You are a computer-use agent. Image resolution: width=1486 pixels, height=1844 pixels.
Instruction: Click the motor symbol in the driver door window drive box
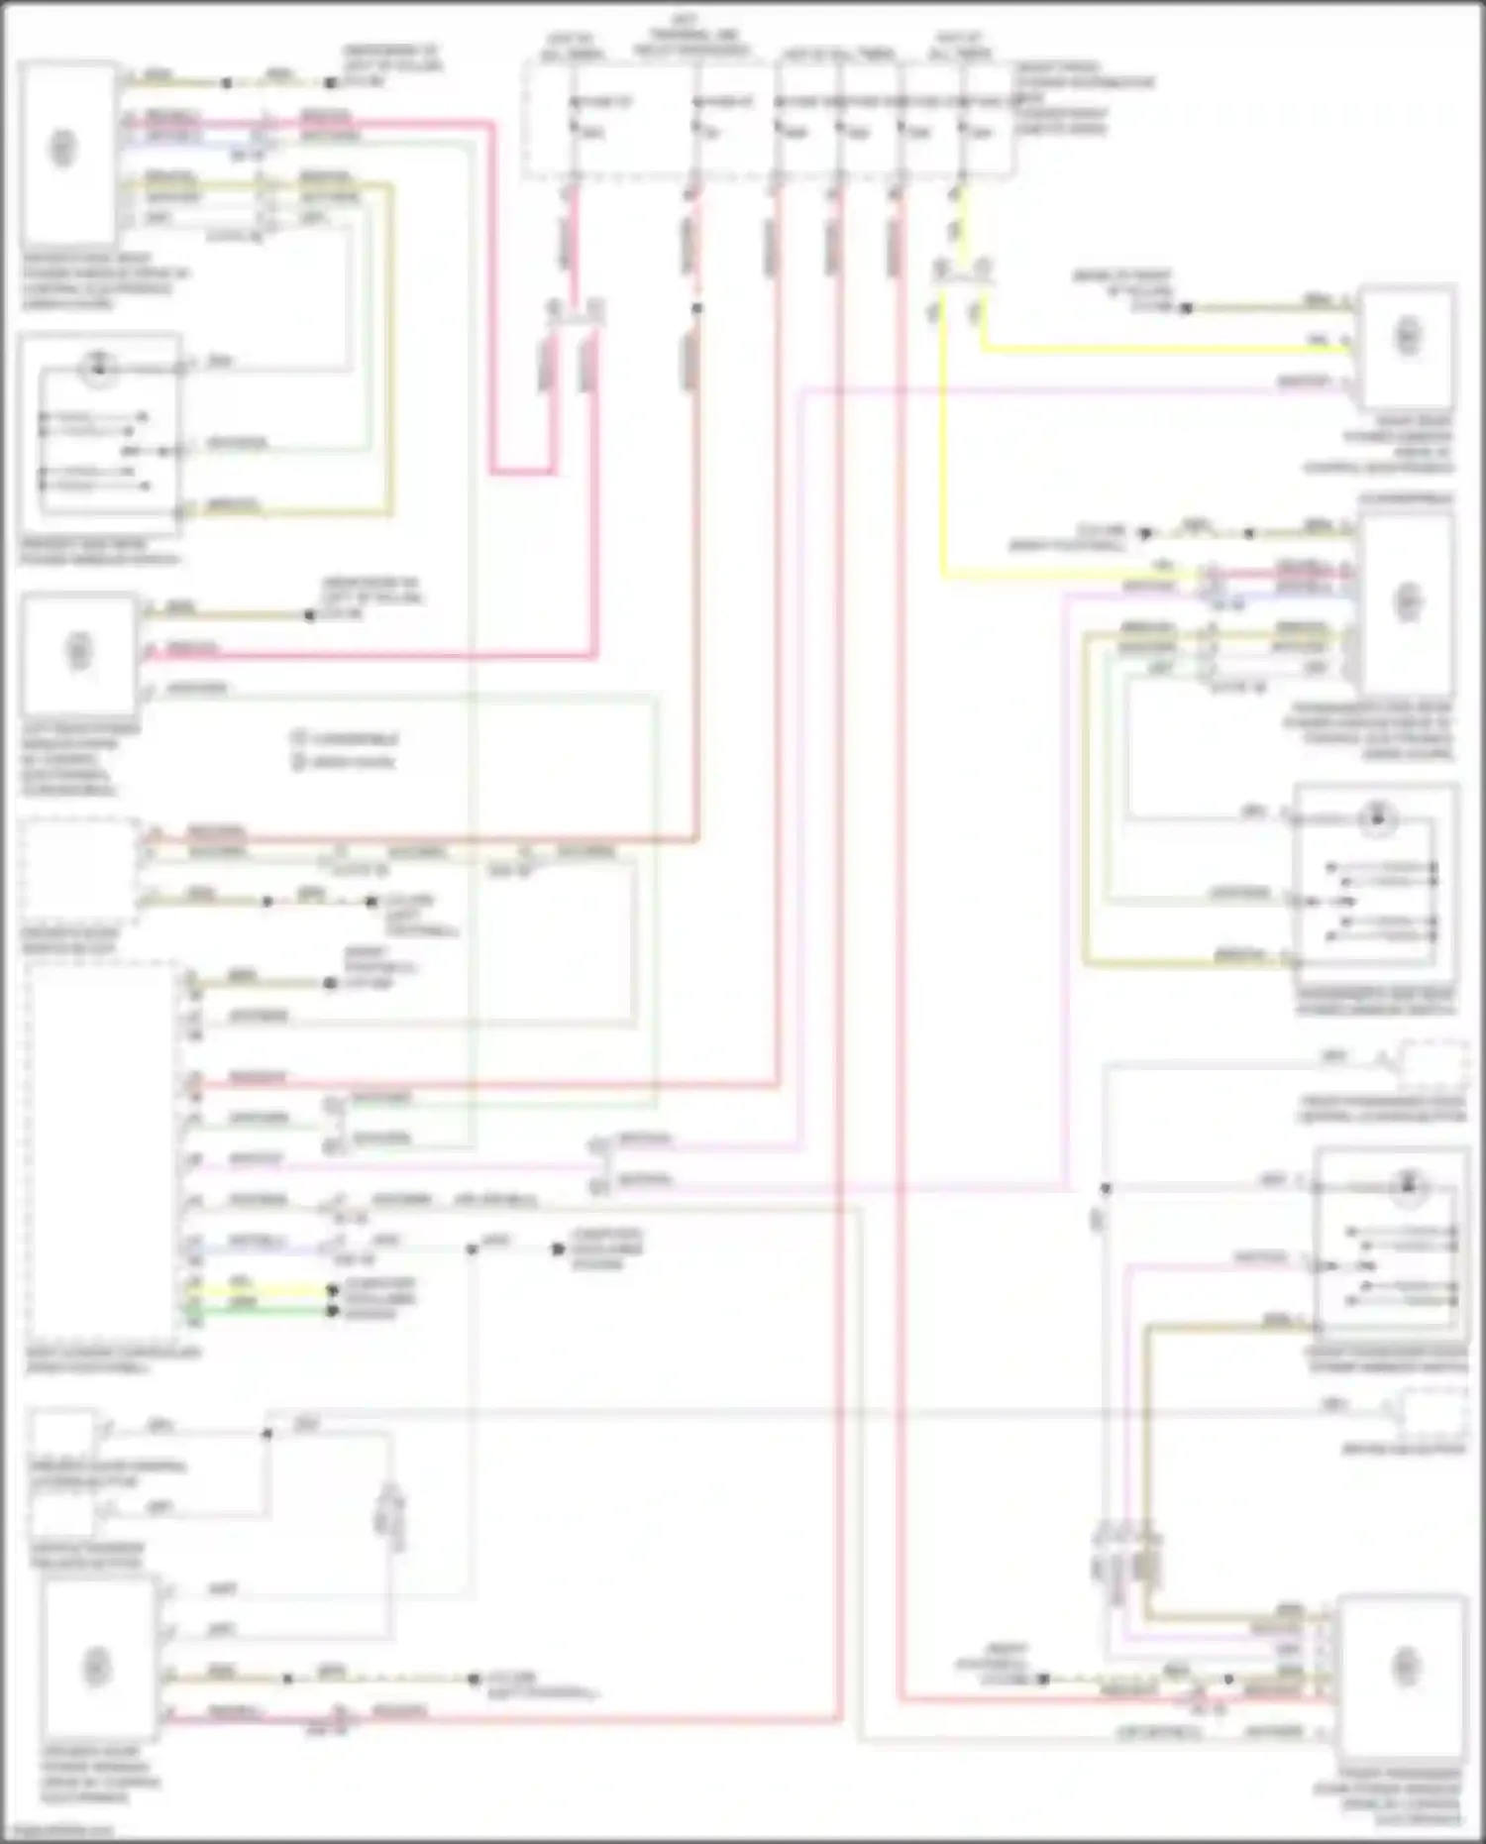pyautogui.click(x=96, y=1665)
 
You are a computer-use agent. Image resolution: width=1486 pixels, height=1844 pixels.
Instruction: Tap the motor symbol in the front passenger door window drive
pyautogui.click(x=1406, y=1667)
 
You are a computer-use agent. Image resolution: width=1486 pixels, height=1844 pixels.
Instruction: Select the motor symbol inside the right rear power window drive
pyautogui.click(x=1408, y=337)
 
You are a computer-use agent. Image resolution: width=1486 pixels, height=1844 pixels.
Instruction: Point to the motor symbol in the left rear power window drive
pyautogui.click(x=79, y=651)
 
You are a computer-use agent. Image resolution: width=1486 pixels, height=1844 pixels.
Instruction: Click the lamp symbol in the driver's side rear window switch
pyautogui.click(x=98, y=369)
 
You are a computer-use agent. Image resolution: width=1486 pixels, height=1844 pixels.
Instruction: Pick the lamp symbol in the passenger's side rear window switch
pyautogui.click(x=1375, y=818)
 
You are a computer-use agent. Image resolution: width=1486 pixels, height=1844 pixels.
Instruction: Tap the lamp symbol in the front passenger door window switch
pyautogui.click(x=1408, y=1183)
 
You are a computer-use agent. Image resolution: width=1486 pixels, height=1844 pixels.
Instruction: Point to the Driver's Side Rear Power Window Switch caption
pyautogui.click(x=99, y=552)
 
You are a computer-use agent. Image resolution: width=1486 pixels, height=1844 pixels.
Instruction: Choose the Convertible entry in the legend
pyautogui.click(x=347, y=739)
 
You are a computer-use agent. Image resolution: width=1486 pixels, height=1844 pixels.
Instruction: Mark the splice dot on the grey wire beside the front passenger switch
pyautogui.click(x=1106, y=1188)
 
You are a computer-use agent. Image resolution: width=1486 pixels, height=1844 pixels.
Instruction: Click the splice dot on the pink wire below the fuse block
pyautogui.click(x=697, y=308)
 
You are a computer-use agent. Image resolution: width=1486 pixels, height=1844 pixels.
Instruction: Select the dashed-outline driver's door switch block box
pyautogui.click(x=81, y=869)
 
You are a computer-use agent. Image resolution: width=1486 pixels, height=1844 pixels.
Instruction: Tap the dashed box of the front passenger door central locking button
pyautogui.click(x=1432, y=1064)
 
